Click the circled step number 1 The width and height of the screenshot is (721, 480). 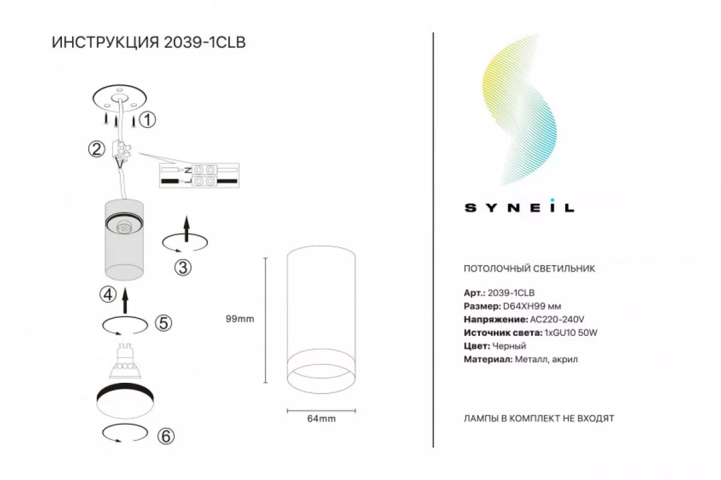147,120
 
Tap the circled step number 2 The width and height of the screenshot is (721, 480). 97,149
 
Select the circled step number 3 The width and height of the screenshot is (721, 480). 183,268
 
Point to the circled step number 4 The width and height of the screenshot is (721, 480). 108,295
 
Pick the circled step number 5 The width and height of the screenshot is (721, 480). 163,323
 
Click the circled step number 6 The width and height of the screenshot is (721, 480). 166,436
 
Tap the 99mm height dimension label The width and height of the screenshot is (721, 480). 240,319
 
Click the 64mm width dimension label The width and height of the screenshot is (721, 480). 321,419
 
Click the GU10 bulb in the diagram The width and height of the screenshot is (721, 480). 125,361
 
